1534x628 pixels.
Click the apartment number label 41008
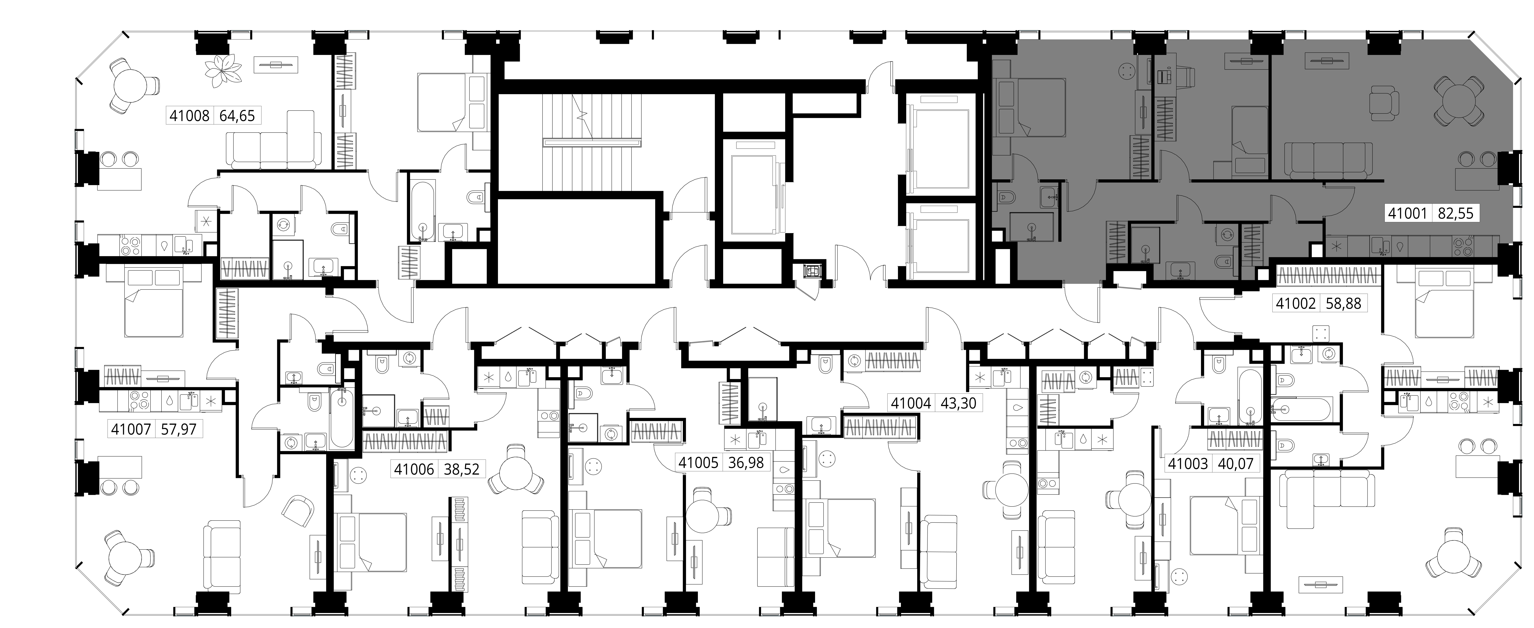(189, 116)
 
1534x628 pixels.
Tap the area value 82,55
(1455, 213)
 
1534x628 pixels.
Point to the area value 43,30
(958, 403)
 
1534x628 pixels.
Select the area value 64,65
(237, 116)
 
